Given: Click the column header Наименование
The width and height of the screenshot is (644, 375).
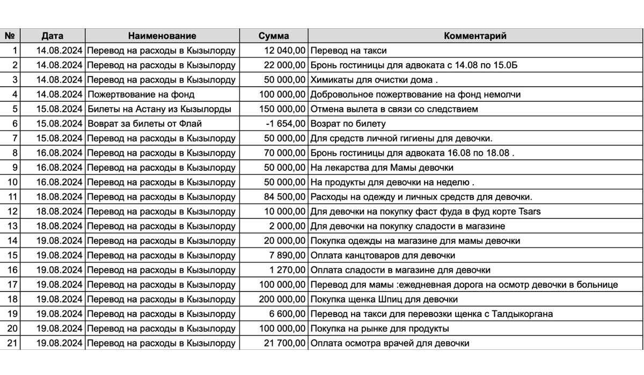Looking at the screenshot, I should coord(162,36).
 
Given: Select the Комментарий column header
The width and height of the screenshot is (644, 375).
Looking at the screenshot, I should coord(475,36).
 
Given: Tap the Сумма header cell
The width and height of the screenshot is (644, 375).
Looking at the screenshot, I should coord(274,36).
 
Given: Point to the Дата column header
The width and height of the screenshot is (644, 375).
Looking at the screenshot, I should coord(53,36).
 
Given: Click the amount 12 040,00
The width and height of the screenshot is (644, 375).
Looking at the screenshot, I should coord(285,51).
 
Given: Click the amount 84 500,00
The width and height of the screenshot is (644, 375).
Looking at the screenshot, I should coord(285,197).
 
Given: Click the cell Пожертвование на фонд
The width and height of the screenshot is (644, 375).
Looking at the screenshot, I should coord(141,94).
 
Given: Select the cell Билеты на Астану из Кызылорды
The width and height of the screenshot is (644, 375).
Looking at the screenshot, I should coord(159,109).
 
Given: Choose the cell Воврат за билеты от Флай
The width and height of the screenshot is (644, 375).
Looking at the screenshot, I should coord(145,124).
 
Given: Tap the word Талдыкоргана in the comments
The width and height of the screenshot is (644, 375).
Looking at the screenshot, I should coord(523,314).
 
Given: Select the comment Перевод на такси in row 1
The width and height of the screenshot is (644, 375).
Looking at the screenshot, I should coord(349,51).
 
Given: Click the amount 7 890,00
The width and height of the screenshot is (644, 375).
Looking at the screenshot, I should coord(288,256).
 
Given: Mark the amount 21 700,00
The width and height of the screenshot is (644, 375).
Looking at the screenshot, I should coord(285,343).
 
